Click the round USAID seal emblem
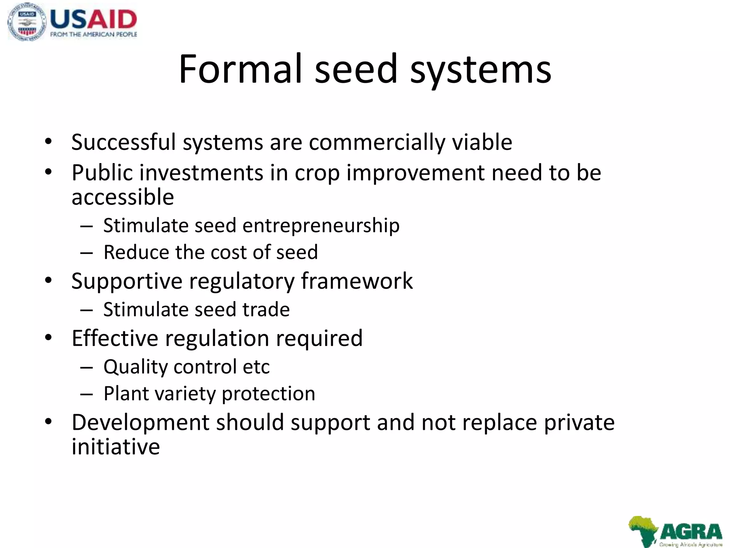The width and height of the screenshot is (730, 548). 27,22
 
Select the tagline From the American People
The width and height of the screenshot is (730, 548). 93,35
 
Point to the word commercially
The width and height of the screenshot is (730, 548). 377,143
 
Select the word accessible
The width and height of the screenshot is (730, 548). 123,197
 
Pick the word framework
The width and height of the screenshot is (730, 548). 357,281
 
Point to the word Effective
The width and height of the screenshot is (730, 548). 115,338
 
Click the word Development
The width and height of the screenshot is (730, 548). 140,423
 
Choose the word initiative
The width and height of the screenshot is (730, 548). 115,447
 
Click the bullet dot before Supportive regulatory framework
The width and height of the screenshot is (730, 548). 48,280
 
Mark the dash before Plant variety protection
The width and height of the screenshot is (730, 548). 86,394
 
